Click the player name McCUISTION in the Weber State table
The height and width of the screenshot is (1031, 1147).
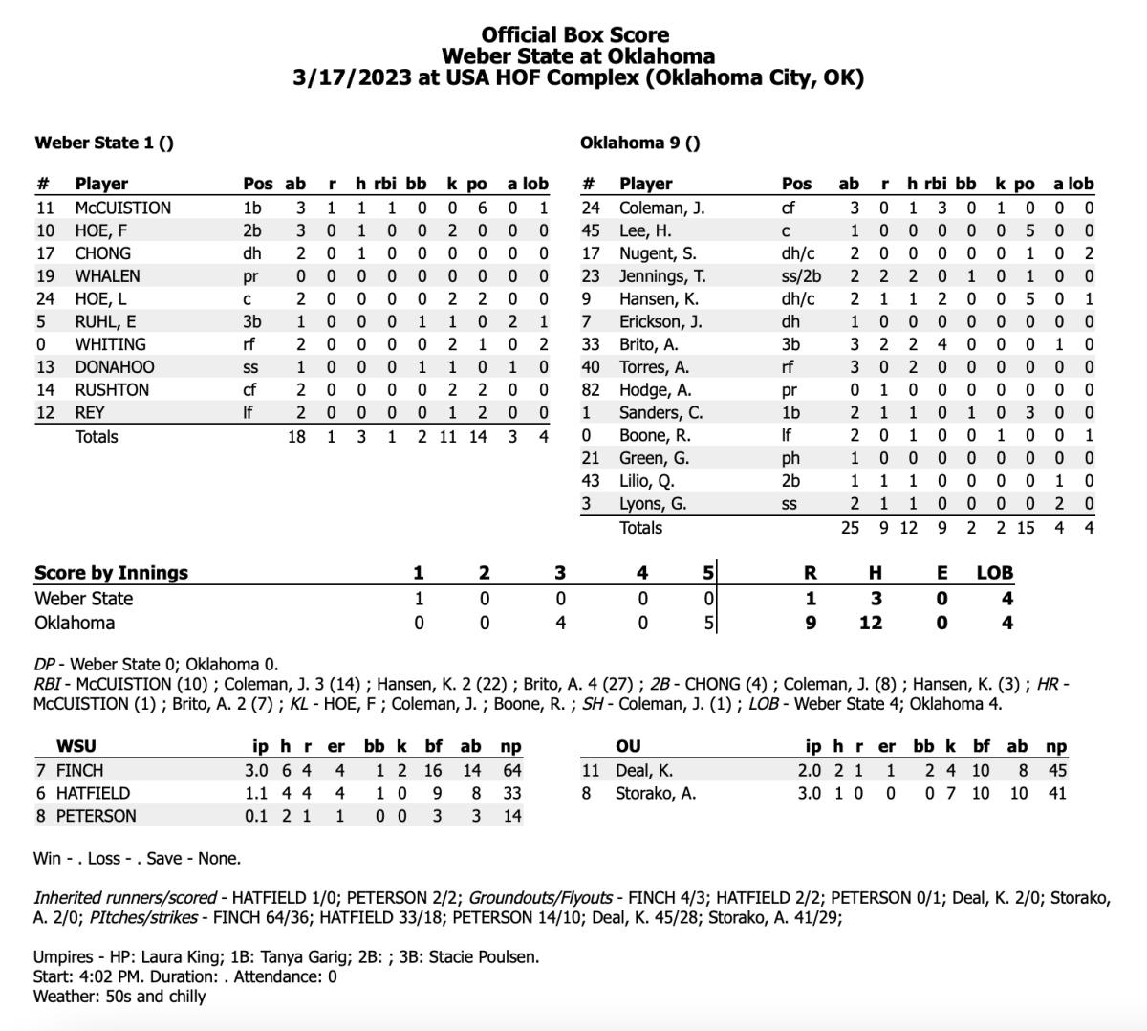(122, 208)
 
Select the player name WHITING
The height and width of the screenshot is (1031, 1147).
(110, 344)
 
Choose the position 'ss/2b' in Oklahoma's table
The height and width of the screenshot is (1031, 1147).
(802, 276)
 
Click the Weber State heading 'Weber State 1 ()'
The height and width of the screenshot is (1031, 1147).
(104, 143)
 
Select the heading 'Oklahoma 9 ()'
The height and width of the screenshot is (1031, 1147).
(639, 143)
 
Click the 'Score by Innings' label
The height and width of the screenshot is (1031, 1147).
(111, 573)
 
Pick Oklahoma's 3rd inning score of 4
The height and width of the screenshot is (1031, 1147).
(560, 623)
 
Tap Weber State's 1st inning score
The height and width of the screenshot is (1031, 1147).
(418, 599)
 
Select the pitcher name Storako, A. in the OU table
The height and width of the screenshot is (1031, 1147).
(655, 793)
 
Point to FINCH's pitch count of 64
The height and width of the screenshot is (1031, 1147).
(511, 770)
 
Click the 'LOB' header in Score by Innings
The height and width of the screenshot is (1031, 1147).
(994, 573)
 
